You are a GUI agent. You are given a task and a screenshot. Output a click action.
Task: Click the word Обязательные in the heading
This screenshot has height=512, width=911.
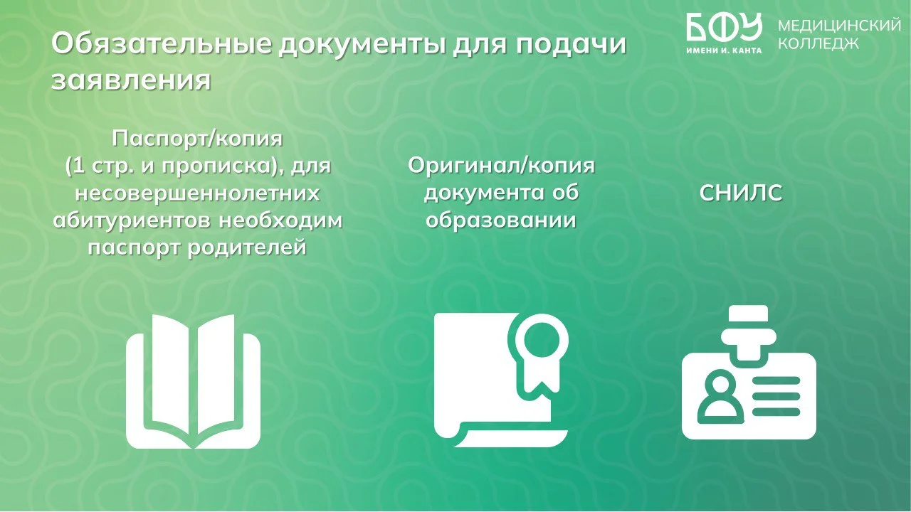[x=162, y=44]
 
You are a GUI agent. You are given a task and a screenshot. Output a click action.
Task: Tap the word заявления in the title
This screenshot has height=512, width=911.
[x=131, y=80]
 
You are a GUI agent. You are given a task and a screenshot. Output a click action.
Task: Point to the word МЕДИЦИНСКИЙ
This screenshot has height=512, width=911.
[x=839, y=26]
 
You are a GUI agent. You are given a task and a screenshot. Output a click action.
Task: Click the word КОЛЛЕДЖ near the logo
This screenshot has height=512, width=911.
[x=818, y=43]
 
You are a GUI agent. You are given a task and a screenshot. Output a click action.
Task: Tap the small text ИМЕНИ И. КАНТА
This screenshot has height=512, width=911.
[x=724, y=50]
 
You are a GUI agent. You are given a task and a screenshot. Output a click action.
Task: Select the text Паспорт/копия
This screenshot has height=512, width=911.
[x=197, y=139]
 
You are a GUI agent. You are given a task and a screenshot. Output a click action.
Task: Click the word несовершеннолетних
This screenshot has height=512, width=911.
[x=197, y=193]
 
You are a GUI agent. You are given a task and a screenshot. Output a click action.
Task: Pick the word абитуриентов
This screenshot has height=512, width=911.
[x=132, y=221]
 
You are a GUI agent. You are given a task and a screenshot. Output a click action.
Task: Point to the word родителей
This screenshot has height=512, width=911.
[x=247, y=247]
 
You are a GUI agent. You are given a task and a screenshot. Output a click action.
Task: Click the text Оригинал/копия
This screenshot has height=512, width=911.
[x=501, y=166]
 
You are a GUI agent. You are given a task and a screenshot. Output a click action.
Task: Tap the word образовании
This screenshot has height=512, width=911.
[x=501, y=220]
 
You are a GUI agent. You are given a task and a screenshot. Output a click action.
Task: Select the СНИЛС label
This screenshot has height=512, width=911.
[x=741, y=193]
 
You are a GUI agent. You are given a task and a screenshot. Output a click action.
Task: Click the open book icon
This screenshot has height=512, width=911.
[x=193, y=381]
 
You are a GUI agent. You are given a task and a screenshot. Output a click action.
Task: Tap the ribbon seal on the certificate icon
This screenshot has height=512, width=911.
[x=541, y=353]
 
